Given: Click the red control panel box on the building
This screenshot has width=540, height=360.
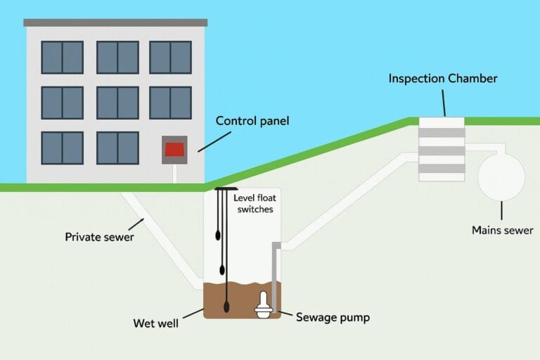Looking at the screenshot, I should coord(174,150).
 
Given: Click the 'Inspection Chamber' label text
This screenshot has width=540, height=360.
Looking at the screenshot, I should coord(442,79).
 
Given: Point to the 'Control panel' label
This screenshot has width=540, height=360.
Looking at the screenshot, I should coord(252,121).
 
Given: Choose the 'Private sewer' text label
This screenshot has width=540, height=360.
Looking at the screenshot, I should coord(99,237).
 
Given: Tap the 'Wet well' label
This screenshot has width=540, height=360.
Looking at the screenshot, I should coord(155,323).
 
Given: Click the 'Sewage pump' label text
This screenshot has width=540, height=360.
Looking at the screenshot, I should coord(333,318).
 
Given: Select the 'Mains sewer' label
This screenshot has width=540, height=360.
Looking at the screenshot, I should coord(502,230).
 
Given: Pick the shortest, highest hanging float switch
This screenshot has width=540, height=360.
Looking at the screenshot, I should coord(217,236).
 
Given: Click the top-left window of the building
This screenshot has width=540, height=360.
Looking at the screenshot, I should coord(62,57).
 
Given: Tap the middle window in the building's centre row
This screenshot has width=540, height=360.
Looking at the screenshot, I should coord(117,103).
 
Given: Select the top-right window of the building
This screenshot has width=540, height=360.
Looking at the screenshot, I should coord(170,57).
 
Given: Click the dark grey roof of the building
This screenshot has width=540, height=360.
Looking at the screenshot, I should coord(115,22).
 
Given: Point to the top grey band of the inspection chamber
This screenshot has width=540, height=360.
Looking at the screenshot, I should coord(442,132).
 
